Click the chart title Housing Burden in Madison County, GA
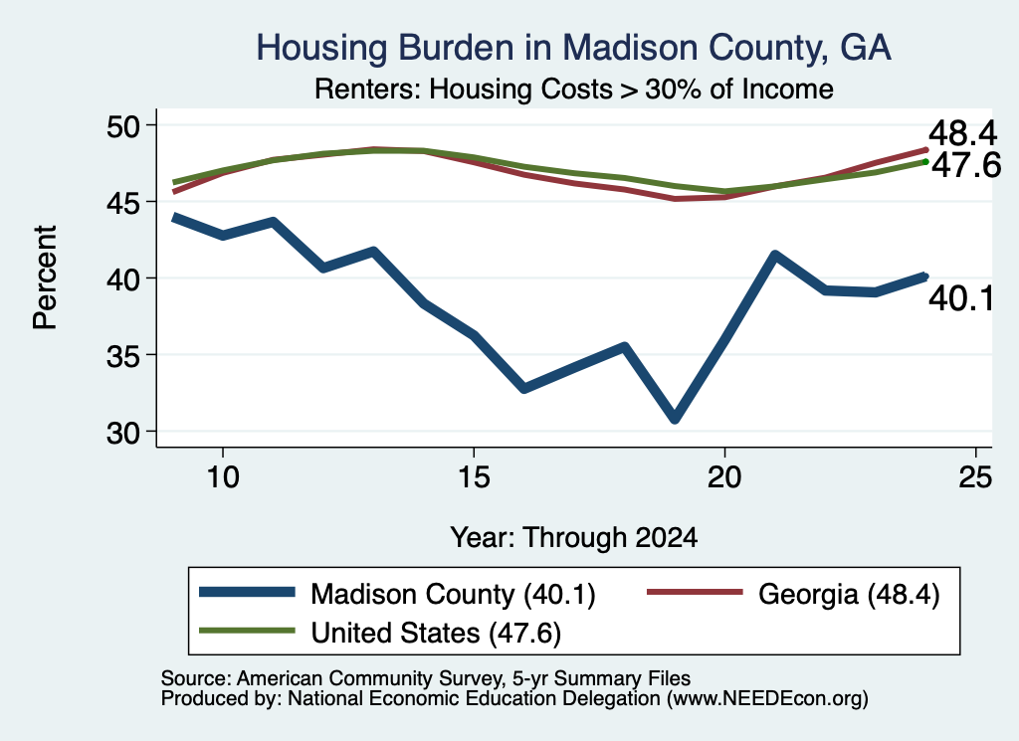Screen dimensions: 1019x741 click(573, 48)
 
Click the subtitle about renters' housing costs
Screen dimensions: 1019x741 click(574, 89)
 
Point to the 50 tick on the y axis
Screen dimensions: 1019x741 click(123, 126)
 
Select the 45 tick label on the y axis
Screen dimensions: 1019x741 click(123, 203)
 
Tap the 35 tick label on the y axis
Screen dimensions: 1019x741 click(123, 356)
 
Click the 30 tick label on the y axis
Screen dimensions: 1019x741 click(123, 433)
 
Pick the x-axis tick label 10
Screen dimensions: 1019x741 click(223, 477)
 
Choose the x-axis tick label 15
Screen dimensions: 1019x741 click(474, 477)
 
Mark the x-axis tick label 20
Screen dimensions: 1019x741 click(724, 477)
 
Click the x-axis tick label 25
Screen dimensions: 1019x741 click(975, 477)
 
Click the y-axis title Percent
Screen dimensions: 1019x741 click(46, 278)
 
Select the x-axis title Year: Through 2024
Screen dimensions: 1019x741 click(574, 538)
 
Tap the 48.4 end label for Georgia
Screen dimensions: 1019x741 click(962, 134)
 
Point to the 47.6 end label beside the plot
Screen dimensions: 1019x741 click(966, 165)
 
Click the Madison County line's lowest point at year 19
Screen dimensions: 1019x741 click(675, 419)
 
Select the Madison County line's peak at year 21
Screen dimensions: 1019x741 click(774, 255)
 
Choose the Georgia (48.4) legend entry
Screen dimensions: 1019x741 click(793, 594)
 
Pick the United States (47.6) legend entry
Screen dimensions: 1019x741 click(380, 633)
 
